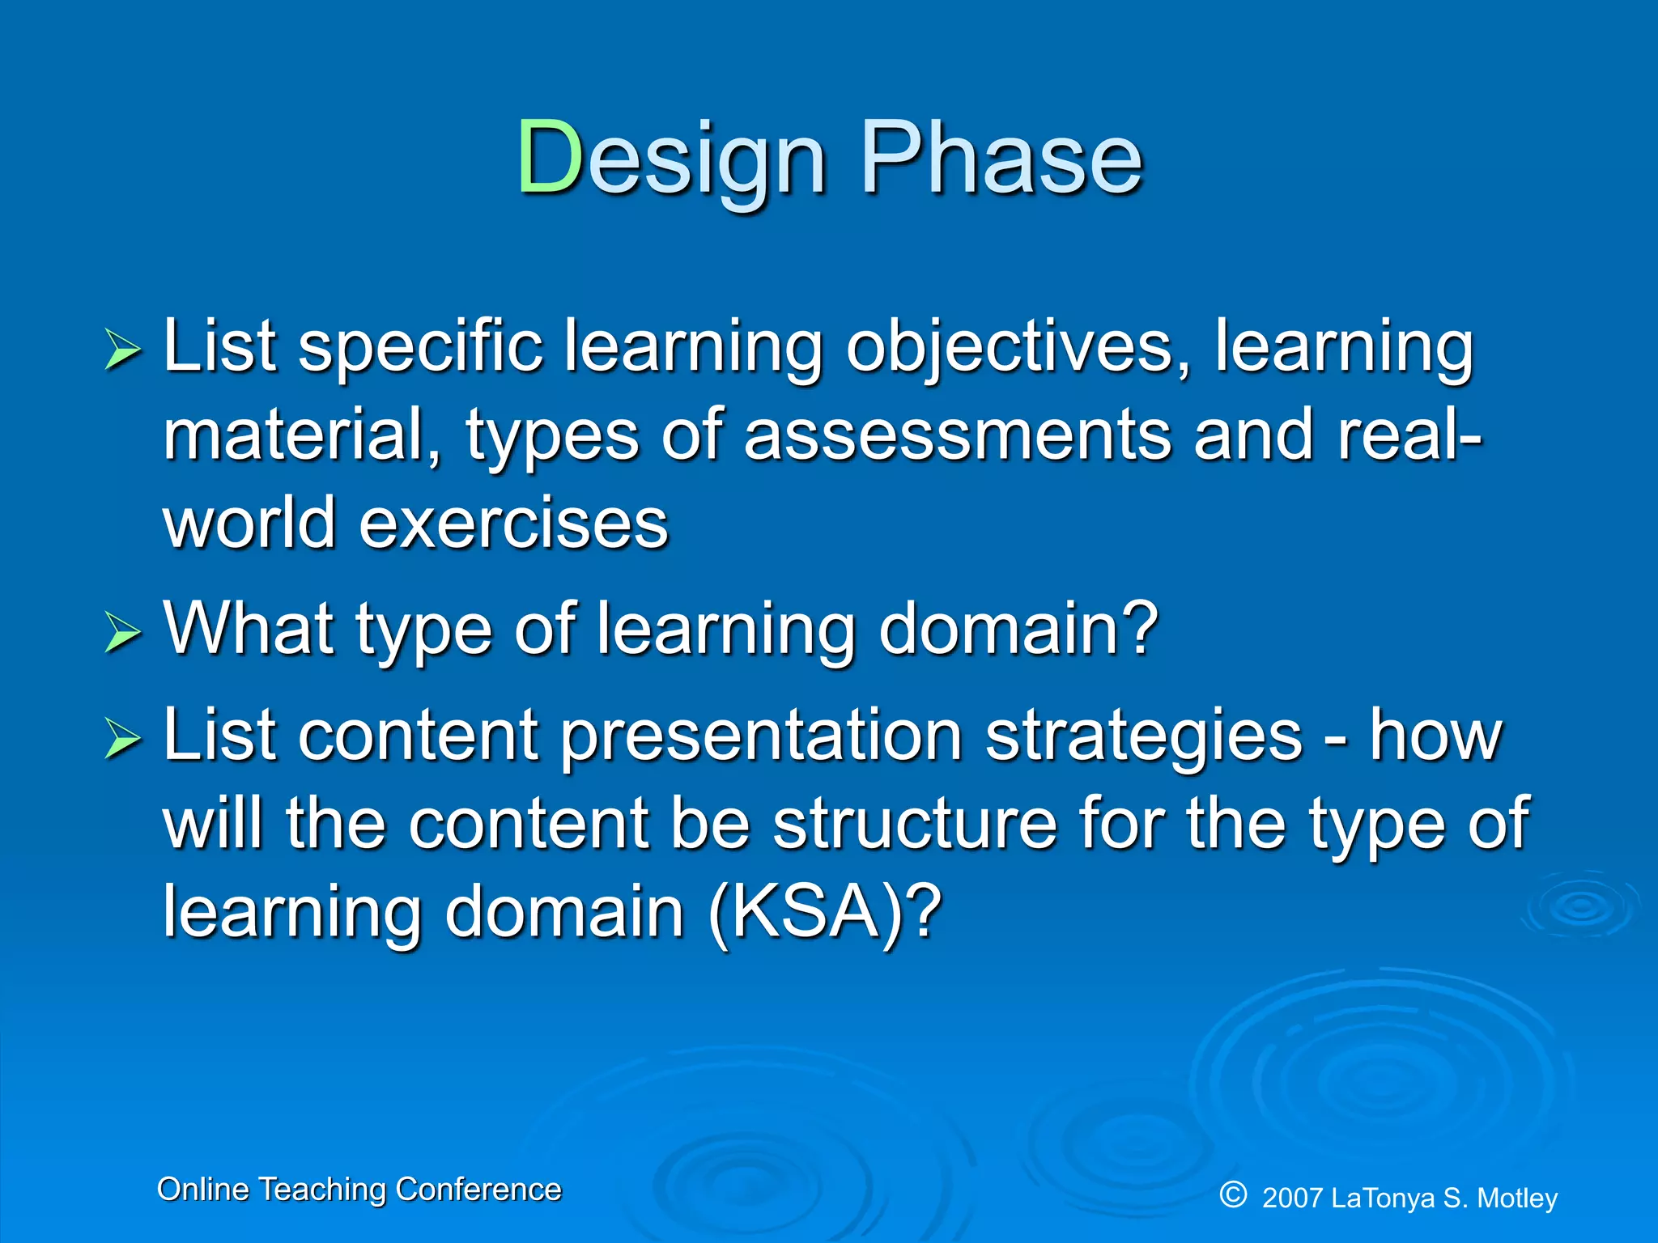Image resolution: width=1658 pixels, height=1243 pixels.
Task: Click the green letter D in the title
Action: tap(551, 157)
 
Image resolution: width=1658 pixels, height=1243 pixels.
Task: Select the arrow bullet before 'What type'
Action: tap(122, 633)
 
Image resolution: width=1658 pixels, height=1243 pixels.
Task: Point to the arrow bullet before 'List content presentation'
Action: tap(122, 740)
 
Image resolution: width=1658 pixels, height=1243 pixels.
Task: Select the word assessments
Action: tap(958, 435)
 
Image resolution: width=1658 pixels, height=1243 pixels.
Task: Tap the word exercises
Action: tap(513, 524)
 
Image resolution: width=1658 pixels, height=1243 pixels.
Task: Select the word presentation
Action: tap(761, 736)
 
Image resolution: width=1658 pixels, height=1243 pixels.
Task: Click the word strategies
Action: tap(1144, 736)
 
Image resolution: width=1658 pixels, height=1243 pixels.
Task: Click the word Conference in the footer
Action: tap(478, 1190)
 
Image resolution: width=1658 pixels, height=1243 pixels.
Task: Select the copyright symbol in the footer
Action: tap(1233, 1194)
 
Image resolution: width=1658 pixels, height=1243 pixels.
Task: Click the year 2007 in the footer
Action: tap(1292, 1198)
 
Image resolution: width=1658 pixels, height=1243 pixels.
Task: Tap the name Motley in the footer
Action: tap(1517, 1198)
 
